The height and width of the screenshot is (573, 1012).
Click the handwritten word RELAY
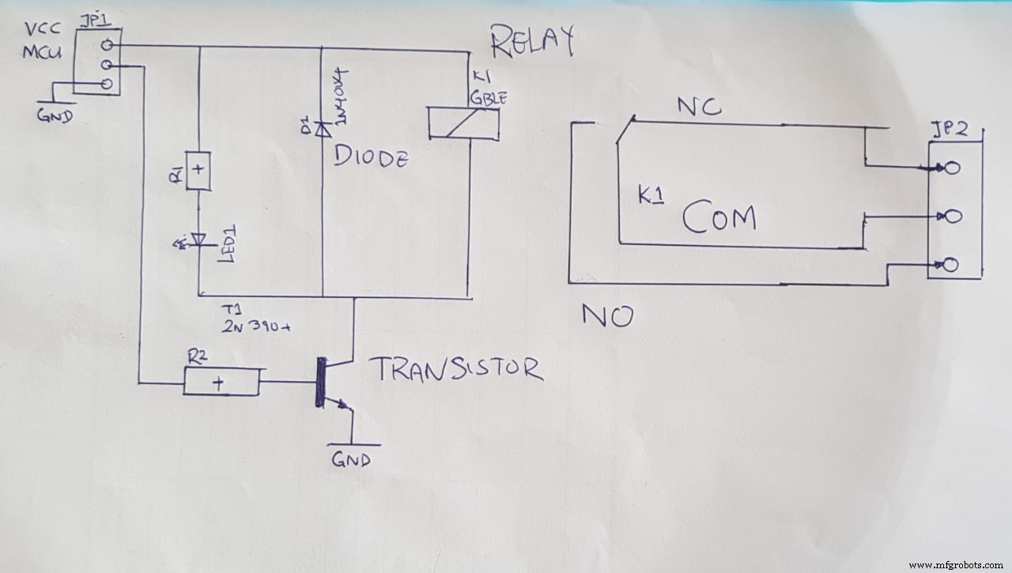531,43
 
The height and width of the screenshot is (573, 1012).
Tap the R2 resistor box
221,383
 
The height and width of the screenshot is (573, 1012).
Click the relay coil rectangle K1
463,123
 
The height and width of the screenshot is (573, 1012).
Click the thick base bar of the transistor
320,383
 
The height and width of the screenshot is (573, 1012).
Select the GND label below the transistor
351,460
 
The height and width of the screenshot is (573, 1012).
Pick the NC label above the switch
700,107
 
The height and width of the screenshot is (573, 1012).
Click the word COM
719,217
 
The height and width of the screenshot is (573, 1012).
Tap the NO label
607,316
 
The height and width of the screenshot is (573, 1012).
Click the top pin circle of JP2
951,168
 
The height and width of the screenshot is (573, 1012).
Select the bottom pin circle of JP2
951,264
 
